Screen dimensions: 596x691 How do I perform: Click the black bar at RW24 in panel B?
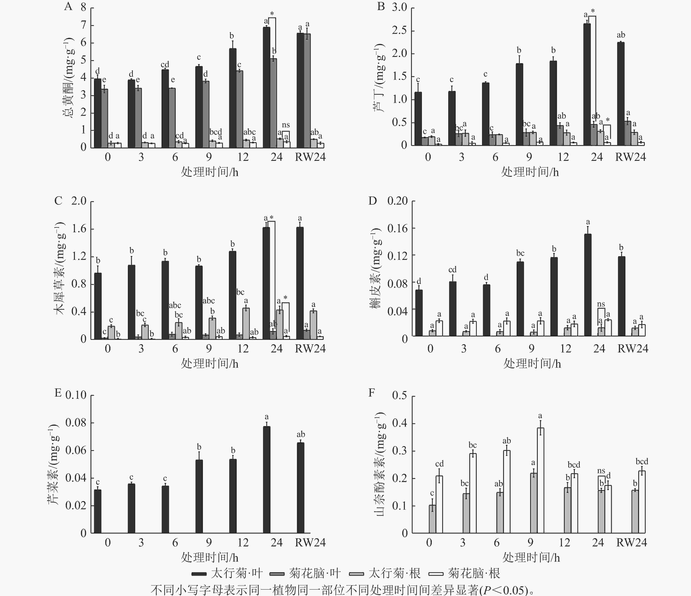(621, 94)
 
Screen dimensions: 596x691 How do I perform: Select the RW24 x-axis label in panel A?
(310, 157)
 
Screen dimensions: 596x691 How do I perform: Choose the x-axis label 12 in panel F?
(564, 542)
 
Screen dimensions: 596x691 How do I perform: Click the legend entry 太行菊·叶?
(227, 573)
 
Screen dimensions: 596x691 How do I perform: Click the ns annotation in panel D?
(601, 304)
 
